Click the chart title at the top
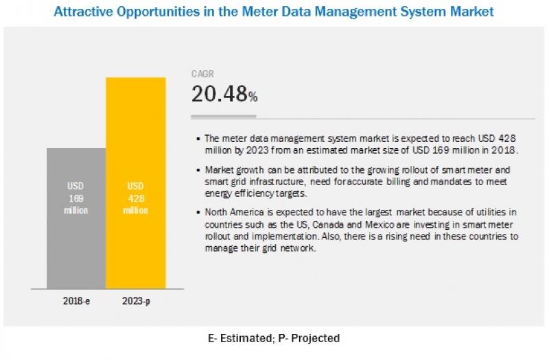pos(274,12)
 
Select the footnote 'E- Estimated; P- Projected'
pos(274,338)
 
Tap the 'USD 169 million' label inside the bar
pos(76,198)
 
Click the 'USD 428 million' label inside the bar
pos(135,198)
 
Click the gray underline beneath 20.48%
pos(224,116)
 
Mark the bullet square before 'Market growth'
pos(198,169)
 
